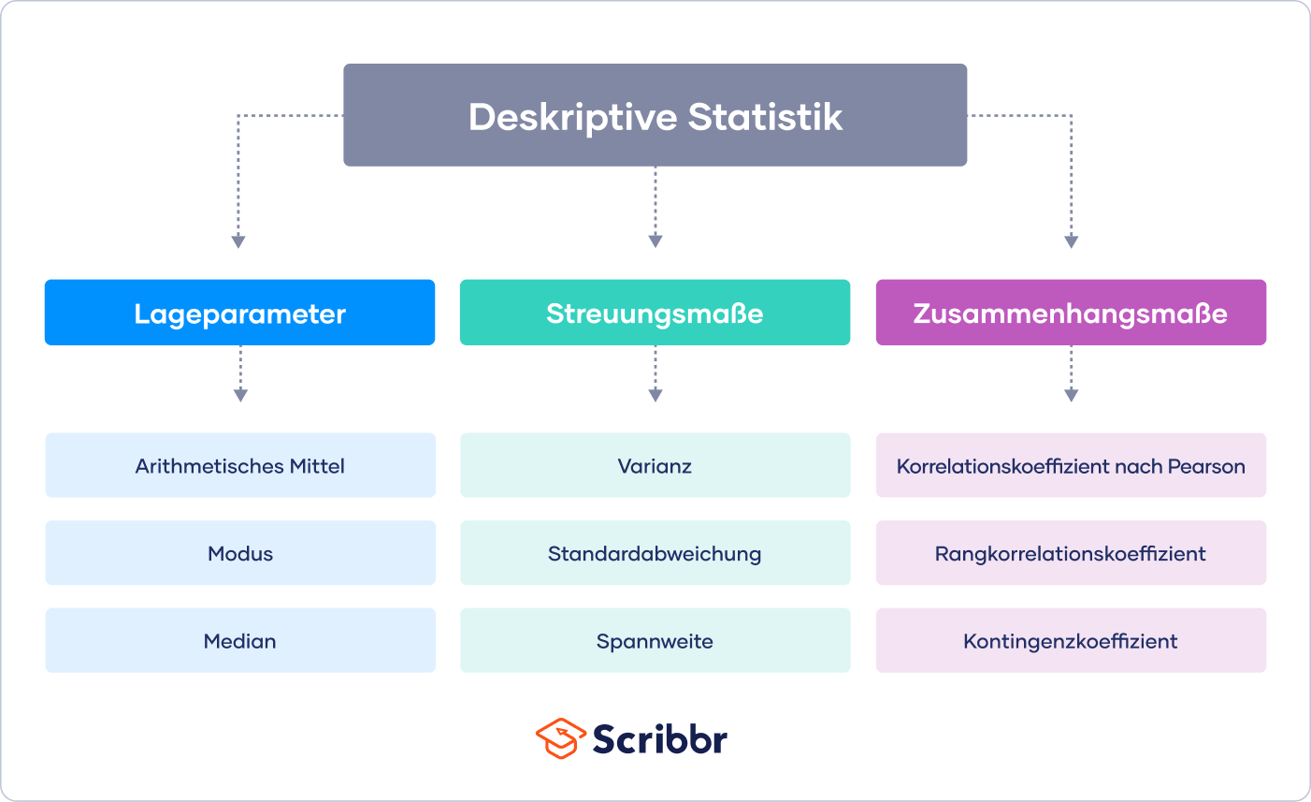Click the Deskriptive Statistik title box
(655, 115)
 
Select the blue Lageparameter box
(240, 313)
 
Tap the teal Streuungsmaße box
(655, 313)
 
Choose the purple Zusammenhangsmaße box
(1071, 313)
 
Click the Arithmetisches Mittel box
(240, 465)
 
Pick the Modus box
(240, 552)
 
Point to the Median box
(240, 640)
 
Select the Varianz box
(655, 465)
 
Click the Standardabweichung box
(655, 552)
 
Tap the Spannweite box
(655, 640)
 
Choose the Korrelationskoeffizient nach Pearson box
(1071, 465)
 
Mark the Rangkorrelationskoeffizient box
(1071, 552)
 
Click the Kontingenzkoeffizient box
(1071, 640)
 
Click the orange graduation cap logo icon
(561, 738)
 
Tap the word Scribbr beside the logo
(660, 738)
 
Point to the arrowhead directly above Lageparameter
(238, 241)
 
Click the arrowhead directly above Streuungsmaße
(655, 241)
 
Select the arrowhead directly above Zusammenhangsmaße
(1071, 241)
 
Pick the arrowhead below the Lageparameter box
(240, 395)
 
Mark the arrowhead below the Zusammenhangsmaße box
(1071, 395)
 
